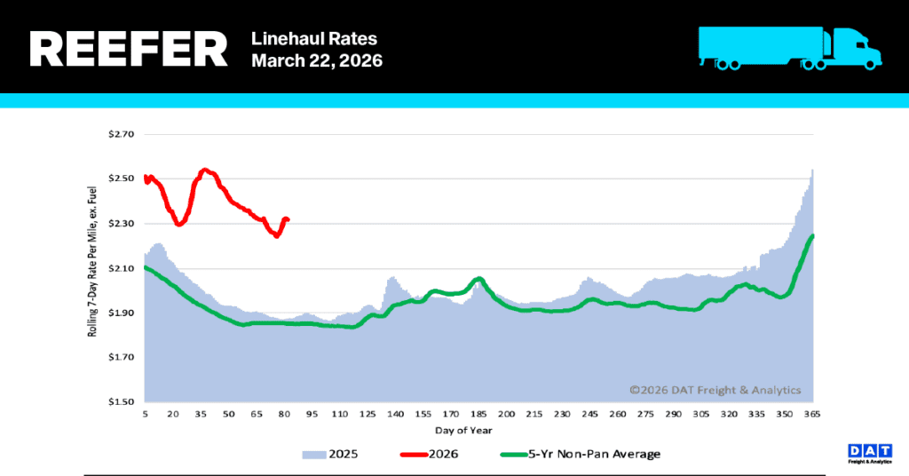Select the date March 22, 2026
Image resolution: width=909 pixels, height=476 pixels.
(317, 61)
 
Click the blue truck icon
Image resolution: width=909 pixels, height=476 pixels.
(789, 47)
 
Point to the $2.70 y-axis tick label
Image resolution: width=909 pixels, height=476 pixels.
(120, 135)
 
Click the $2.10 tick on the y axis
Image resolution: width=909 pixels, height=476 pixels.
(120, 268)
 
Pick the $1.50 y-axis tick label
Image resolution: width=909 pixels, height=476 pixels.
(120, 401)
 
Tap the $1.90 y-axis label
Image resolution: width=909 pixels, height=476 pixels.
(120, 313)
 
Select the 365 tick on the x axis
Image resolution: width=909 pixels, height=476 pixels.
(811, 415)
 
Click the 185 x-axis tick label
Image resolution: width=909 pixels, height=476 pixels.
(478, 415)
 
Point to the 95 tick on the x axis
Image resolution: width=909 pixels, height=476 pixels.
(312, 415)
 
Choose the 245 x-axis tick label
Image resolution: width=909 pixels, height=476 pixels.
(589, 415)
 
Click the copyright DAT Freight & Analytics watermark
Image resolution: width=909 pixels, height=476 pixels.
(715, 390)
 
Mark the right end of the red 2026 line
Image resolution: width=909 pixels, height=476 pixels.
(288, 219)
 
